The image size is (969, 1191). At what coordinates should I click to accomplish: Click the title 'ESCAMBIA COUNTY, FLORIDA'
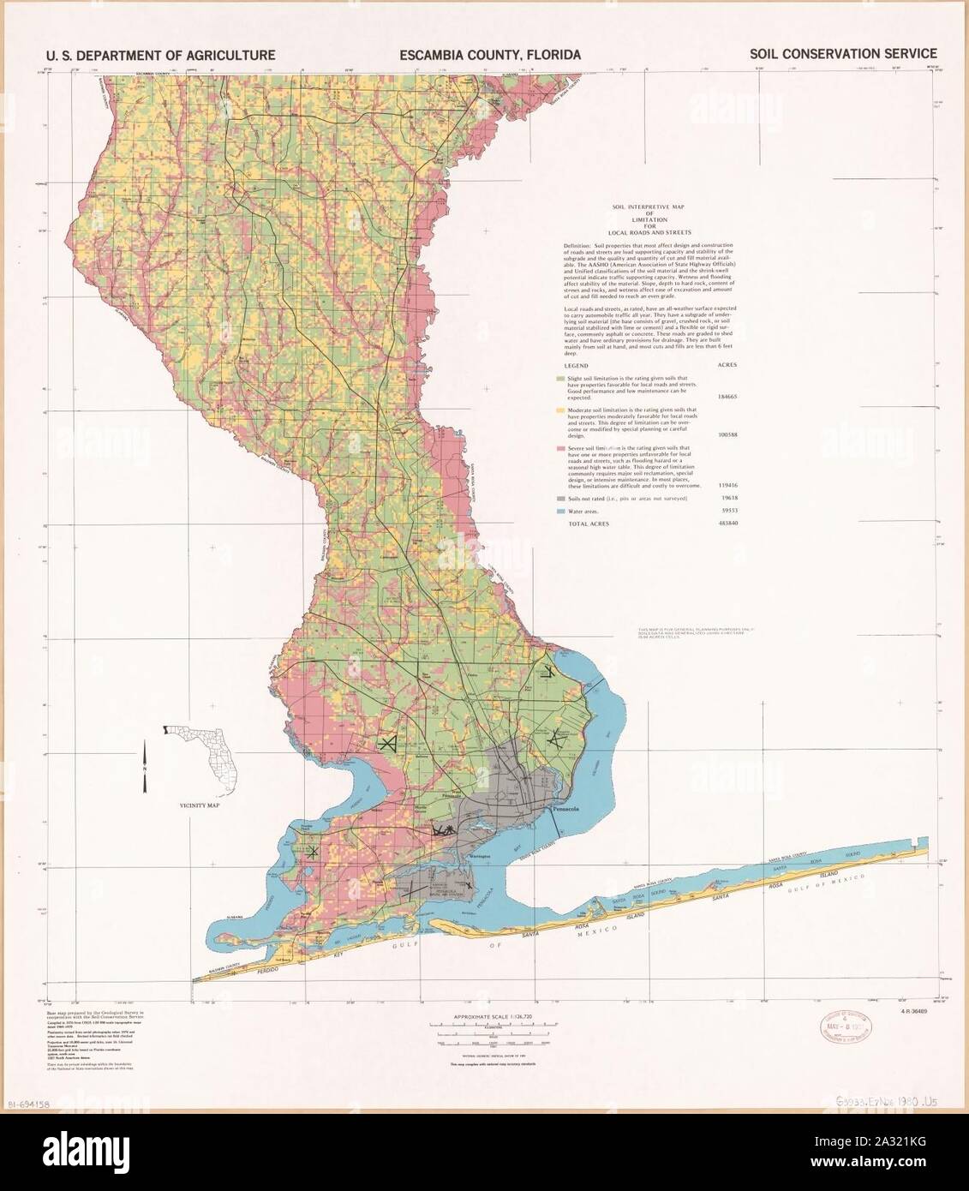489,55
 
